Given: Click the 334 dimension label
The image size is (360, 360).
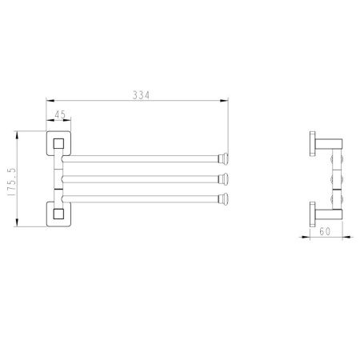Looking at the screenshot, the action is pos(142,95).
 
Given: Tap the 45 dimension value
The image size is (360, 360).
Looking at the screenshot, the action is pos(60,114).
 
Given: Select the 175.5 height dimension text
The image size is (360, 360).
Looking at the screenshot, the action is pos(12,182).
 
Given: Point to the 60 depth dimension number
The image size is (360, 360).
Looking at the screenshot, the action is pos(325,231).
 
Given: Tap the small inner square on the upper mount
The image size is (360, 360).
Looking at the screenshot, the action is pos(58,143).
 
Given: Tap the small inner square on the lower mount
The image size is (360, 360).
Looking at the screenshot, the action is pos(58,214).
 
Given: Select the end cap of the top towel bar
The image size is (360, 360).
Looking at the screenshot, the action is pos(223,158).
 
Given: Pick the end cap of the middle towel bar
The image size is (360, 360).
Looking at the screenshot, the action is pos(223,179).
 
